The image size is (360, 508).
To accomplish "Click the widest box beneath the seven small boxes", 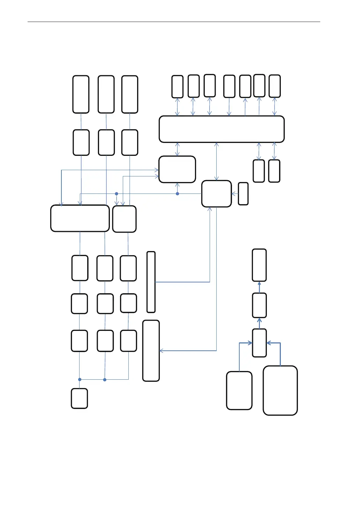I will pos(222,129).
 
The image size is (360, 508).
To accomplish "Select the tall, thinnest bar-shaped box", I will pos(151,282).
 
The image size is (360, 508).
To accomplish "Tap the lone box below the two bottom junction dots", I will pos(79,398).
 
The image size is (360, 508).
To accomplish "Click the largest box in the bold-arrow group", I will pos(280,390).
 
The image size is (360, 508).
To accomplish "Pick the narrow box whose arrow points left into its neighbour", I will pos(243,194).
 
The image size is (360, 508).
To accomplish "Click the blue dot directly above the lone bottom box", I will pos(80,379).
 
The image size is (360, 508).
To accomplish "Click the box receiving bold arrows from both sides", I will pos(259,343).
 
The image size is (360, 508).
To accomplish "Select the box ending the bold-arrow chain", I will pos(259,265).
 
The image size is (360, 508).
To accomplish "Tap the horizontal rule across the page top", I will pos(174,22).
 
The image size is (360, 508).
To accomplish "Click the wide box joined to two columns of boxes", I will pos(80,218).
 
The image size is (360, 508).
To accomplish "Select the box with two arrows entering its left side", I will pos(177,169).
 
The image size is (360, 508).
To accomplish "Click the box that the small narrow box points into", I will pos(216,194).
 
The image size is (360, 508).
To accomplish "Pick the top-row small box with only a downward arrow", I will pos(229,86).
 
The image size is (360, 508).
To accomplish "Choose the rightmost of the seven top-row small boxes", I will pos(275,86).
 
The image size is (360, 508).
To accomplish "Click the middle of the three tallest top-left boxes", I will pos(106,94).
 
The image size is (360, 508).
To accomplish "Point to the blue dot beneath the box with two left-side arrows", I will pos(177,194).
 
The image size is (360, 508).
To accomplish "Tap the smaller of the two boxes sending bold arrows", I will pos(239,390).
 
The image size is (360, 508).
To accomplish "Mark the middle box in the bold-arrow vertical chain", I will pos(259,305).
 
